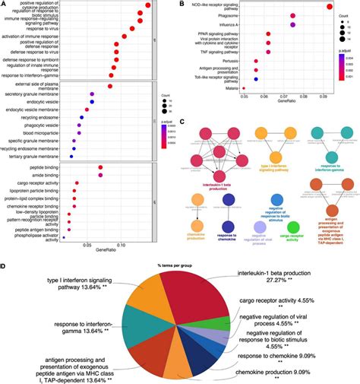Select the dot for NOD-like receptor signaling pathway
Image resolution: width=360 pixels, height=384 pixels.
coord(329,8)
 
